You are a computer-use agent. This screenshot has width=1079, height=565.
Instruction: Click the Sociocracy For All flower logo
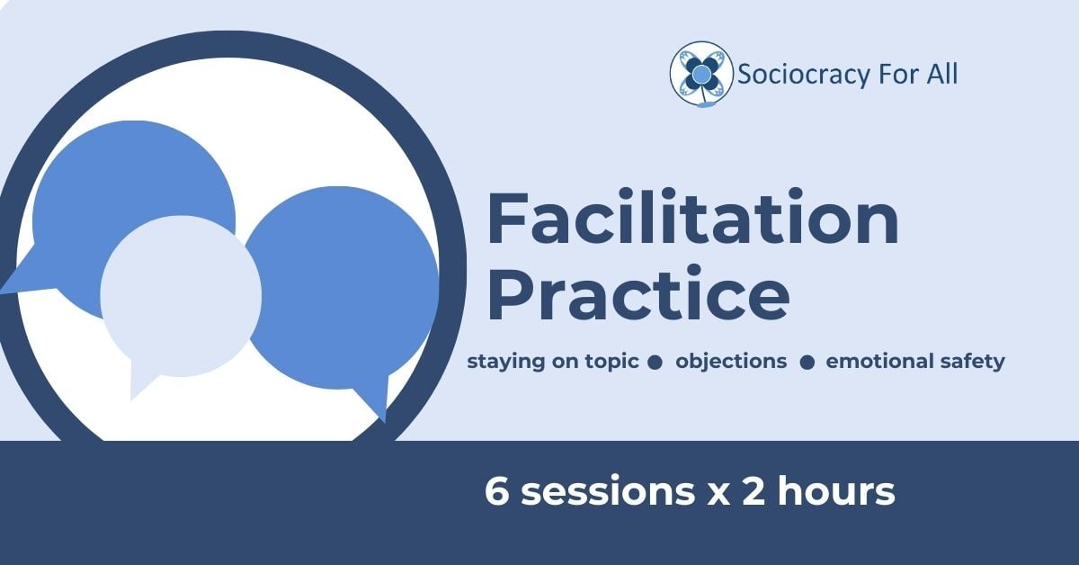[x=701, y=74]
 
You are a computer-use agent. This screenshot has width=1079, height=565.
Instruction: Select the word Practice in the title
[x=638, y=294]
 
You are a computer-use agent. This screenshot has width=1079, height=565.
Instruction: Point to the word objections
[x=731, y=362]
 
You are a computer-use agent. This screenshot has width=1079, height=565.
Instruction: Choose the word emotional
[x=874, y=361]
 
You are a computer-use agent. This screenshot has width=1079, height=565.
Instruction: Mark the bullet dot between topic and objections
[x=655, y=363]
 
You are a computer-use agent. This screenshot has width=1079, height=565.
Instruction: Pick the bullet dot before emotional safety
[x=807, y=363]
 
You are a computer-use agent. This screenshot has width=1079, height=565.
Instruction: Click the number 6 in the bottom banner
[x=496, y=490]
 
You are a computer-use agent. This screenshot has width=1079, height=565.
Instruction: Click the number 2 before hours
[x=754, y=490]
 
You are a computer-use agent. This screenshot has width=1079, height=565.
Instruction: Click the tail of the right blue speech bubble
[x=376, y=400]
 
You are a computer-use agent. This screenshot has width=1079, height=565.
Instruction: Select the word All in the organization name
[x=942, y=75]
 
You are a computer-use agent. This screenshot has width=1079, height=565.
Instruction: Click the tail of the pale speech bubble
[x=141, y=381]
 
